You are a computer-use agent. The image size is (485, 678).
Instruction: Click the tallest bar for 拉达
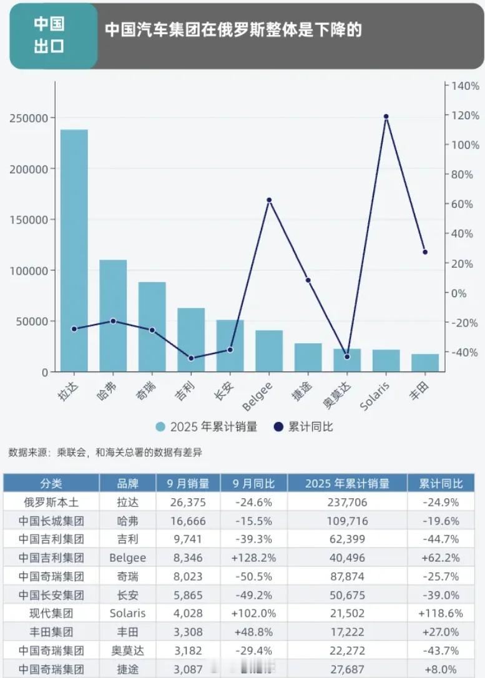(74, 250)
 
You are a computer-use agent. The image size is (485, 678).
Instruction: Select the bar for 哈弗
(113, 315)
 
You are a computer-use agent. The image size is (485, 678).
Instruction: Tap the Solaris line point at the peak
(386, 117)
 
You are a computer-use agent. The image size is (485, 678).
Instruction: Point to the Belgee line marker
(269, 200)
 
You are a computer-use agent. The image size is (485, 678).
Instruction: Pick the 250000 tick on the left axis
(29, 118)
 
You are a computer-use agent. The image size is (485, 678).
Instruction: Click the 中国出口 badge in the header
(49, 36)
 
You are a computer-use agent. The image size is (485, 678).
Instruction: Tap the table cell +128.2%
(253, 558)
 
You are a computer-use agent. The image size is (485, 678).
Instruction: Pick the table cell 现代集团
(51, 614)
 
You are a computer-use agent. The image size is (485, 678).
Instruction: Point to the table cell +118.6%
(441, 614)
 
